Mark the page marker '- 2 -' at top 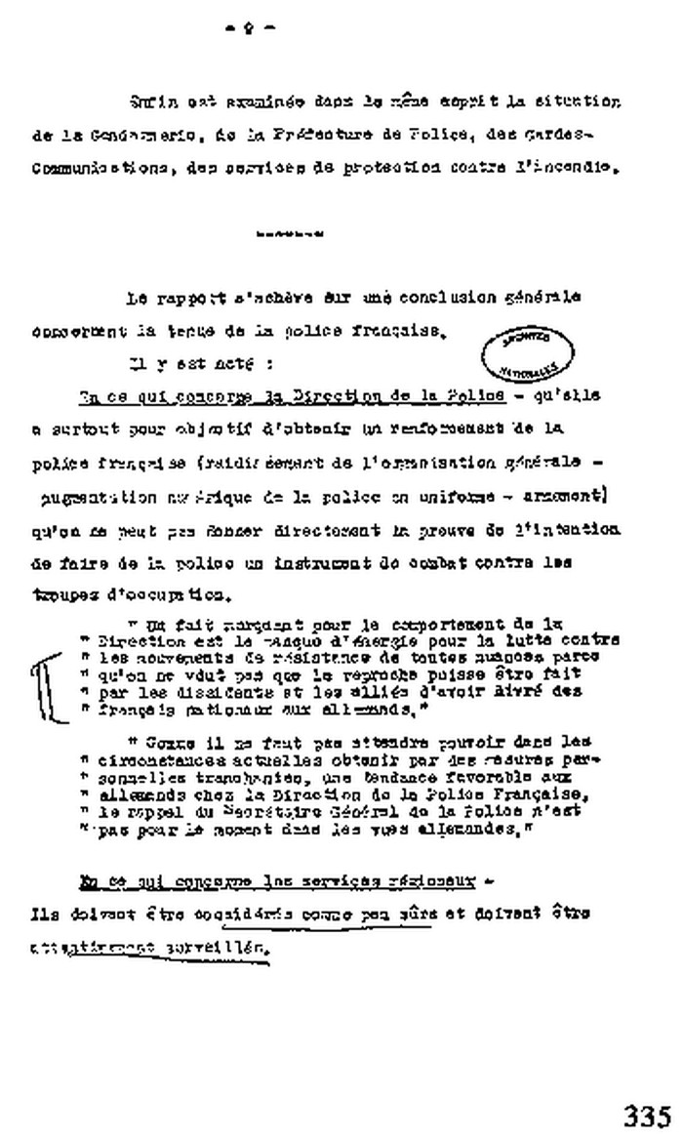click(x=249, y=28)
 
